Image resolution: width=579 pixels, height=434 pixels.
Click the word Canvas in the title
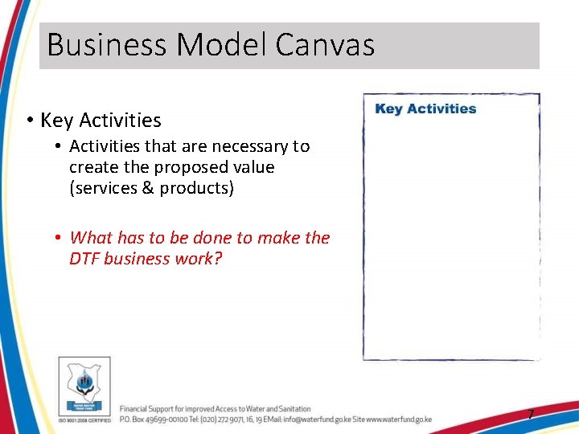pyautogui.click(x=325, y=45)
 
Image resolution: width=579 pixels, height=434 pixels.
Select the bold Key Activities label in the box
pyautogui.click(x=425, y=109)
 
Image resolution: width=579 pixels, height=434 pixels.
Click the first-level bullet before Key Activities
pyautogui.click(x=28, y=121)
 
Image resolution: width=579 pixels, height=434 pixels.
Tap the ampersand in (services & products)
pyautogui.click(x=146, y=188)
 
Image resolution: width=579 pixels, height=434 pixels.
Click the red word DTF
pyautogui.click(x=84, y=259)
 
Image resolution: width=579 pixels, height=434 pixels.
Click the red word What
pyautogui.click(x=91, y=238)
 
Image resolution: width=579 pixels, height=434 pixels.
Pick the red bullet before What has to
pyautogui.click(x=59, y=238)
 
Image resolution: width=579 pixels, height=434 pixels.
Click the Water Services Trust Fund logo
pyautogui.click(x=84, y=385)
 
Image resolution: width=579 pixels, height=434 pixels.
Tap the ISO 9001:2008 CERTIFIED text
pyautogui.click(x=84, y=420)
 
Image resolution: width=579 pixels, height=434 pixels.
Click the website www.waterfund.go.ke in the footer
pyautogui.click(x=399, y=420)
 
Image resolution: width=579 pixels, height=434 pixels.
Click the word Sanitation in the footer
pyautogui.click(x=293, y=409)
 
